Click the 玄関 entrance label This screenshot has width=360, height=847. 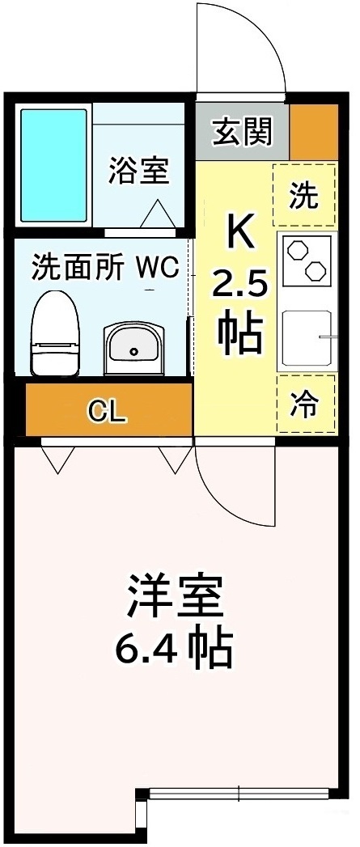coord(241,130)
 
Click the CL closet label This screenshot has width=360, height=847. coord(108,412)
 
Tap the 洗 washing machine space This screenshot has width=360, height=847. coord(304,195)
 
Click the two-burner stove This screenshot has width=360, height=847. coord(307,259)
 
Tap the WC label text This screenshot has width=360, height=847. coord(156,267)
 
